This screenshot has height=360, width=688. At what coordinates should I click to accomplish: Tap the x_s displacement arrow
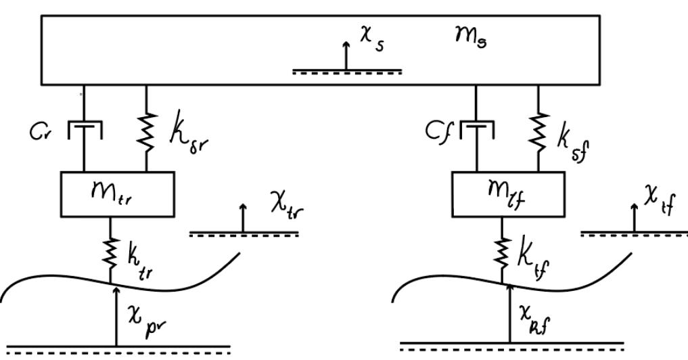point(346,55)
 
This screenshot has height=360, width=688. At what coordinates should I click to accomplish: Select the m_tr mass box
point(118,192)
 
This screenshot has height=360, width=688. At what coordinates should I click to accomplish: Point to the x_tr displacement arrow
point(244,219)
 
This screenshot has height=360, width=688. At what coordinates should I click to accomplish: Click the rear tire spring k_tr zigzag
point(110,252)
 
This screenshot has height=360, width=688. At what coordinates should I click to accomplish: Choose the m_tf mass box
point(507,192)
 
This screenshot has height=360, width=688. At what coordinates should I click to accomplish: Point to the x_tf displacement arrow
point(634,217)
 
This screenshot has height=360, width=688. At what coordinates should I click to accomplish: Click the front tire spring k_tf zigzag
point(502,252)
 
